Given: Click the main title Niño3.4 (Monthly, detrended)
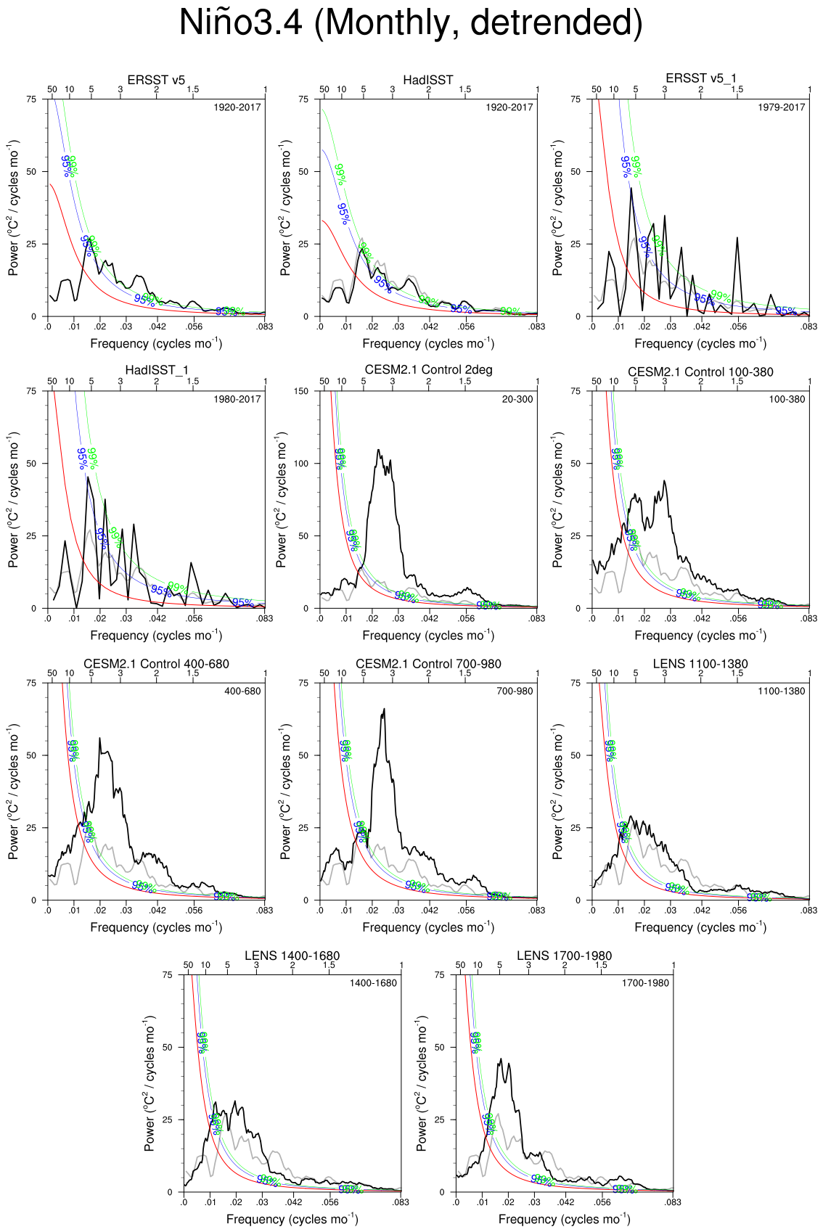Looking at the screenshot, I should click(x=411, y=23).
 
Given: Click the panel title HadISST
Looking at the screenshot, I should click(x=428, y=80).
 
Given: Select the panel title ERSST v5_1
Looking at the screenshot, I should click(x=700, y=78).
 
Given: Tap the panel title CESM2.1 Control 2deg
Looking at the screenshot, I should click(x=428, y=370).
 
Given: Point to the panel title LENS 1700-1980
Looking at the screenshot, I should click(x=564, y=956).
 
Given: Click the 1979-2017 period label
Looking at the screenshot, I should click(x=782, y=107).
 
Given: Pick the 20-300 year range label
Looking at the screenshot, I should click(x=517, y=399).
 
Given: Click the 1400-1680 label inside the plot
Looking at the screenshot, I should click(x=373, y=983).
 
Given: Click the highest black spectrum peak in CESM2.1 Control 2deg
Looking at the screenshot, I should click(x=379, y=450).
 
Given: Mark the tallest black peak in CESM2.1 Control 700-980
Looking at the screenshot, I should click(x=384, y=709).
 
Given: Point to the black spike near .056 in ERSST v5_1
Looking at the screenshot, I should click(x=737, y=237).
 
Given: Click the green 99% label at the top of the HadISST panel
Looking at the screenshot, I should click(x=340, y=174).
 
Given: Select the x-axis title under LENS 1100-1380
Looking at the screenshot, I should click(x=700, y=927).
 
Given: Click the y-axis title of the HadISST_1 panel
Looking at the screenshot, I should click(x=13, y=499).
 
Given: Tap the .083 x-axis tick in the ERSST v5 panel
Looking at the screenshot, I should click(x=265, y=327).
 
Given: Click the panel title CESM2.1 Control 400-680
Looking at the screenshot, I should click(x=156, y=664).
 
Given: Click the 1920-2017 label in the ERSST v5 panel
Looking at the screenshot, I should click(x=237, y=107).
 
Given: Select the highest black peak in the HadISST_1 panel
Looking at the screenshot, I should click(x=88, y=477).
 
